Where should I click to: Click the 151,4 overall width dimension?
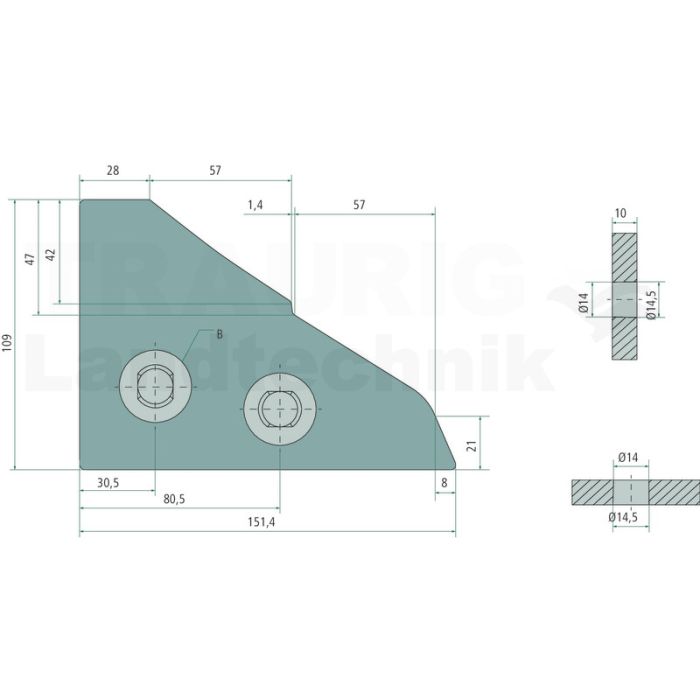[262, 522]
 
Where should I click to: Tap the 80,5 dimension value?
[174, 499]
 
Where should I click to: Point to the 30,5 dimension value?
[108, 483]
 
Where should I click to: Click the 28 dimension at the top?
[113, 170]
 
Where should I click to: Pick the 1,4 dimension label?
[255, 205]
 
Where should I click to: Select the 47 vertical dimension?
[30, 259]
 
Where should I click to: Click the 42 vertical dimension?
[51, 255]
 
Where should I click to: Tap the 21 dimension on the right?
[472, 446]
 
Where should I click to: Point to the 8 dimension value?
[444, 483]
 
